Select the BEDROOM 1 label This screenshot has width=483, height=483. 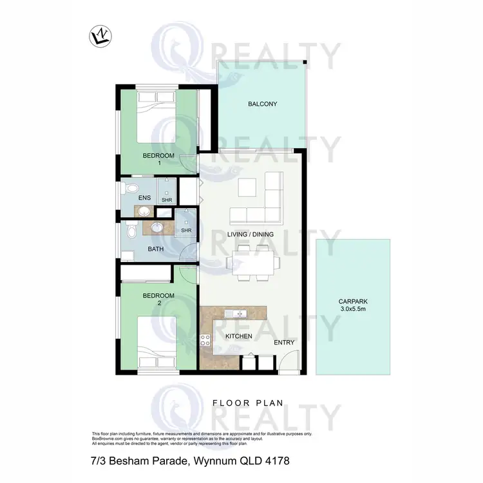point(158,159)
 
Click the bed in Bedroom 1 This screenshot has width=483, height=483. point(158,117)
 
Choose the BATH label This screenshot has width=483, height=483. point(155,249)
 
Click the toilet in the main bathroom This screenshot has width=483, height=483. point(130,231)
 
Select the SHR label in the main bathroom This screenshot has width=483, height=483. point(186,231)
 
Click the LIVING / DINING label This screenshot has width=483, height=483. point(251,234)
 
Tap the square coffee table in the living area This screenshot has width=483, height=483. point(248,187)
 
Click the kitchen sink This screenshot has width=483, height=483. point(236,314)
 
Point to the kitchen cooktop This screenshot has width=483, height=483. point(206,341)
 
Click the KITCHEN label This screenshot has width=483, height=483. point(238,337)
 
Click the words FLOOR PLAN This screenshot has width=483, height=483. point(248,404)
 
